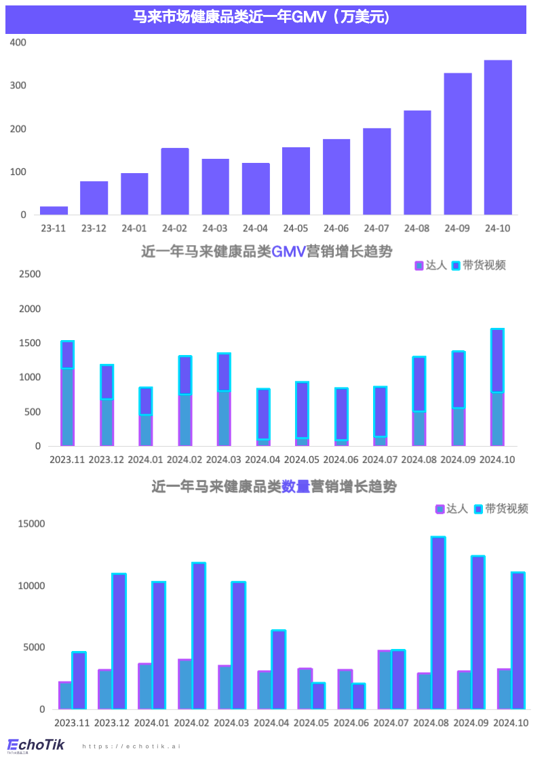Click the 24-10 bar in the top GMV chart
[x=498, y=138]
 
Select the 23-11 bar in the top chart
[x=54, y=210]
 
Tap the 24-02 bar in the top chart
[x=174, y=181]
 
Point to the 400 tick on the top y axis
[x=18, y=42]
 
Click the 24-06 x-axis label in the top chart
[x=336, y=229]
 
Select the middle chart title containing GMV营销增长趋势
[x=266, y=252]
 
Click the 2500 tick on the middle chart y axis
[x=30, y=274]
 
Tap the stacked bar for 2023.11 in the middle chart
[x=67, y=394]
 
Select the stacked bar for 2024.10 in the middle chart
[x=497, y=388]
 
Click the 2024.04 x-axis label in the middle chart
[x=263, y=460]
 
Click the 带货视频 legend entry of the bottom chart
[x=501, y=508]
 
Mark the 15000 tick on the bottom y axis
[x=31, y=523]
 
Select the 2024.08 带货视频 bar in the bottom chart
[x=438, y=623]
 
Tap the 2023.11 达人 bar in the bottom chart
[x=65, y=695]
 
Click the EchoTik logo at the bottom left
[x=35, y=745]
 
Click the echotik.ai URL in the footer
[x=132, y=746]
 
